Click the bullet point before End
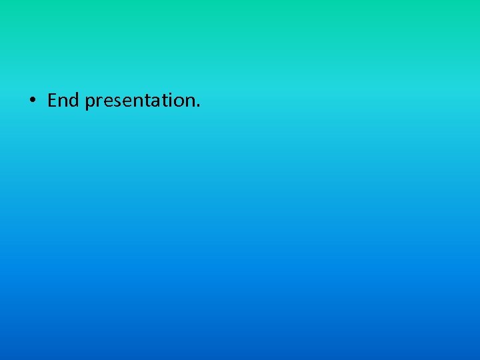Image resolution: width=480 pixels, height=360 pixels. pyautogui.click(x=31, y=101)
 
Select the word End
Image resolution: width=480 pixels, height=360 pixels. pyautogui.click(x=63, y=101)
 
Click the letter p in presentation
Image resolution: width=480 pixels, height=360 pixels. pyautogui.click(x=90, y=103)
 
